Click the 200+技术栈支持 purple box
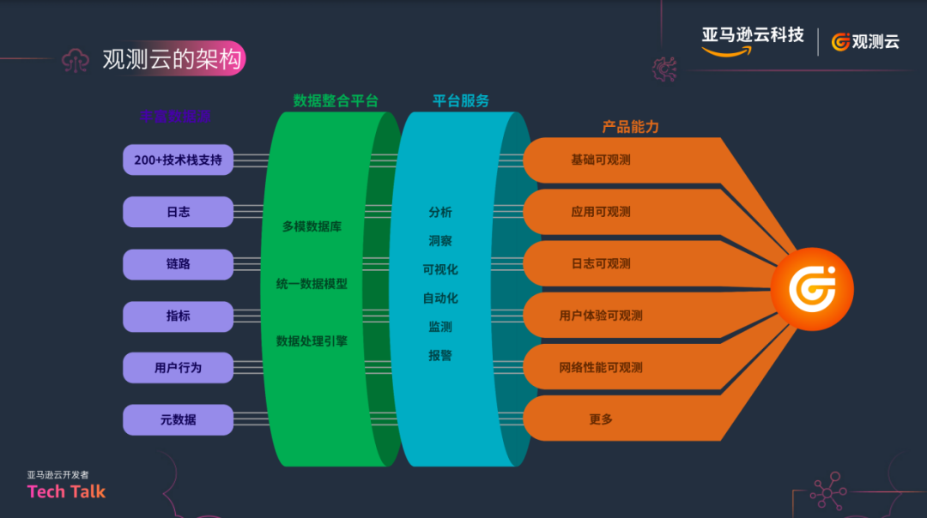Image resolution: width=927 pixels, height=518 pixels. point(178,160)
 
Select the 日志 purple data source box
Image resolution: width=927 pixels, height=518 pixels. point(178,212)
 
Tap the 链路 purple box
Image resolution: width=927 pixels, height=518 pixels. point(178,264)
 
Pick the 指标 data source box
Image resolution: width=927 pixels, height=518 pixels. point(178,316)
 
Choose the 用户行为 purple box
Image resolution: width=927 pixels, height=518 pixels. point(178,367)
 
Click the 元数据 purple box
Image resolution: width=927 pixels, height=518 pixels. point(178,419)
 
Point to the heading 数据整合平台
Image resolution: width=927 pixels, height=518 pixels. point(336,101)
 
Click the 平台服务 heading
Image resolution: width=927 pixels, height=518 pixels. point(461,101)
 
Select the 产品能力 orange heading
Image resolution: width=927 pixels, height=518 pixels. point(630,127)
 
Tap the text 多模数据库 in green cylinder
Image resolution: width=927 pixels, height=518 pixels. point(312,227)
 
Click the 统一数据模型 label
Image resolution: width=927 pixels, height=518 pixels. point(312,284)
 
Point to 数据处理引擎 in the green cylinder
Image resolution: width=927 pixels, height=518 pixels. point(312,340)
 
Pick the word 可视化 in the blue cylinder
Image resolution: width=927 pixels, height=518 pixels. point(440,269)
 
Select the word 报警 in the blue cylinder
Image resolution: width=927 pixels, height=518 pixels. point(440,355)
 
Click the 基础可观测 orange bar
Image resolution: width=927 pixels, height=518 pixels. point(601,160)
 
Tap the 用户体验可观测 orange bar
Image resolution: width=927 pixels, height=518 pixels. point(601,316)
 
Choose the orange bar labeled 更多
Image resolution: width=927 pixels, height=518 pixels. point(601,419)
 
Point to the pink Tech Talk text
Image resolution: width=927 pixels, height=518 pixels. point(66,491)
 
